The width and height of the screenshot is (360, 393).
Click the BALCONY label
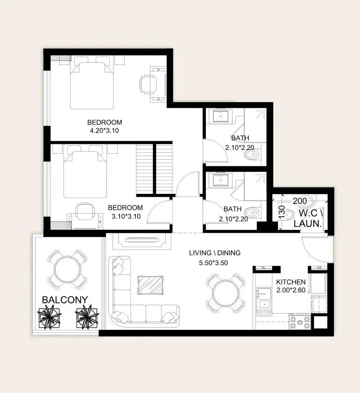click(x=65, y=300)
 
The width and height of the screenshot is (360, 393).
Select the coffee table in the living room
click(x=150, y=285)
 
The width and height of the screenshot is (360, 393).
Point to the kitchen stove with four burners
click(x=300, y=322)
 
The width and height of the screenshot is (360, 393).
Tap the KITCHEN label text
click(x=291, y=282)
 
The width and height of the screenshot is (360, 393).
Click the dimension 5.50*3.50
click(x=213, y=263)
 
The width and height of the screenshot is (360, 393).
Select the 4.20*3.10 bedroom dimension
click(x=104, y=130)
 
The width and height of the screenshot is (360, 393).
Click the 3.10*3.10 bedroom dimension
click(x=126, y=216)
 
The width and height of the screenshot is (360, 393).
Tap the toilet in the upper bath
click(x=252, y=155)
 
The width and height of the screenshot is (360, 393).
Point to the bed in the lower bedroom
click(x=85, y=171)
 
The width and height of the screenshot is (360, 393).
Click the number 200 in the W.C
click(x=300, y=201)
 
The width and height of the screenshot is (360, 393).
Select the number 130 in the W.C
click(x=282, y=212)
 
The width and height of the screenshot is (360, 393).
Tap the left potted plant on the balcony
click(x=49, y=317)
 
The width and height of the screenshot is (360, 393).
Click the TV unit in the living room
click(x=142, y=241)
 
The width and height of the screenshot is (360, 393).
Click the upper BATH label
click(x=240, y=138)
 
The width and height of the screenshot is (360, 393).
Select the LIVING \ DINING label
click(x=215, y=253)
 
